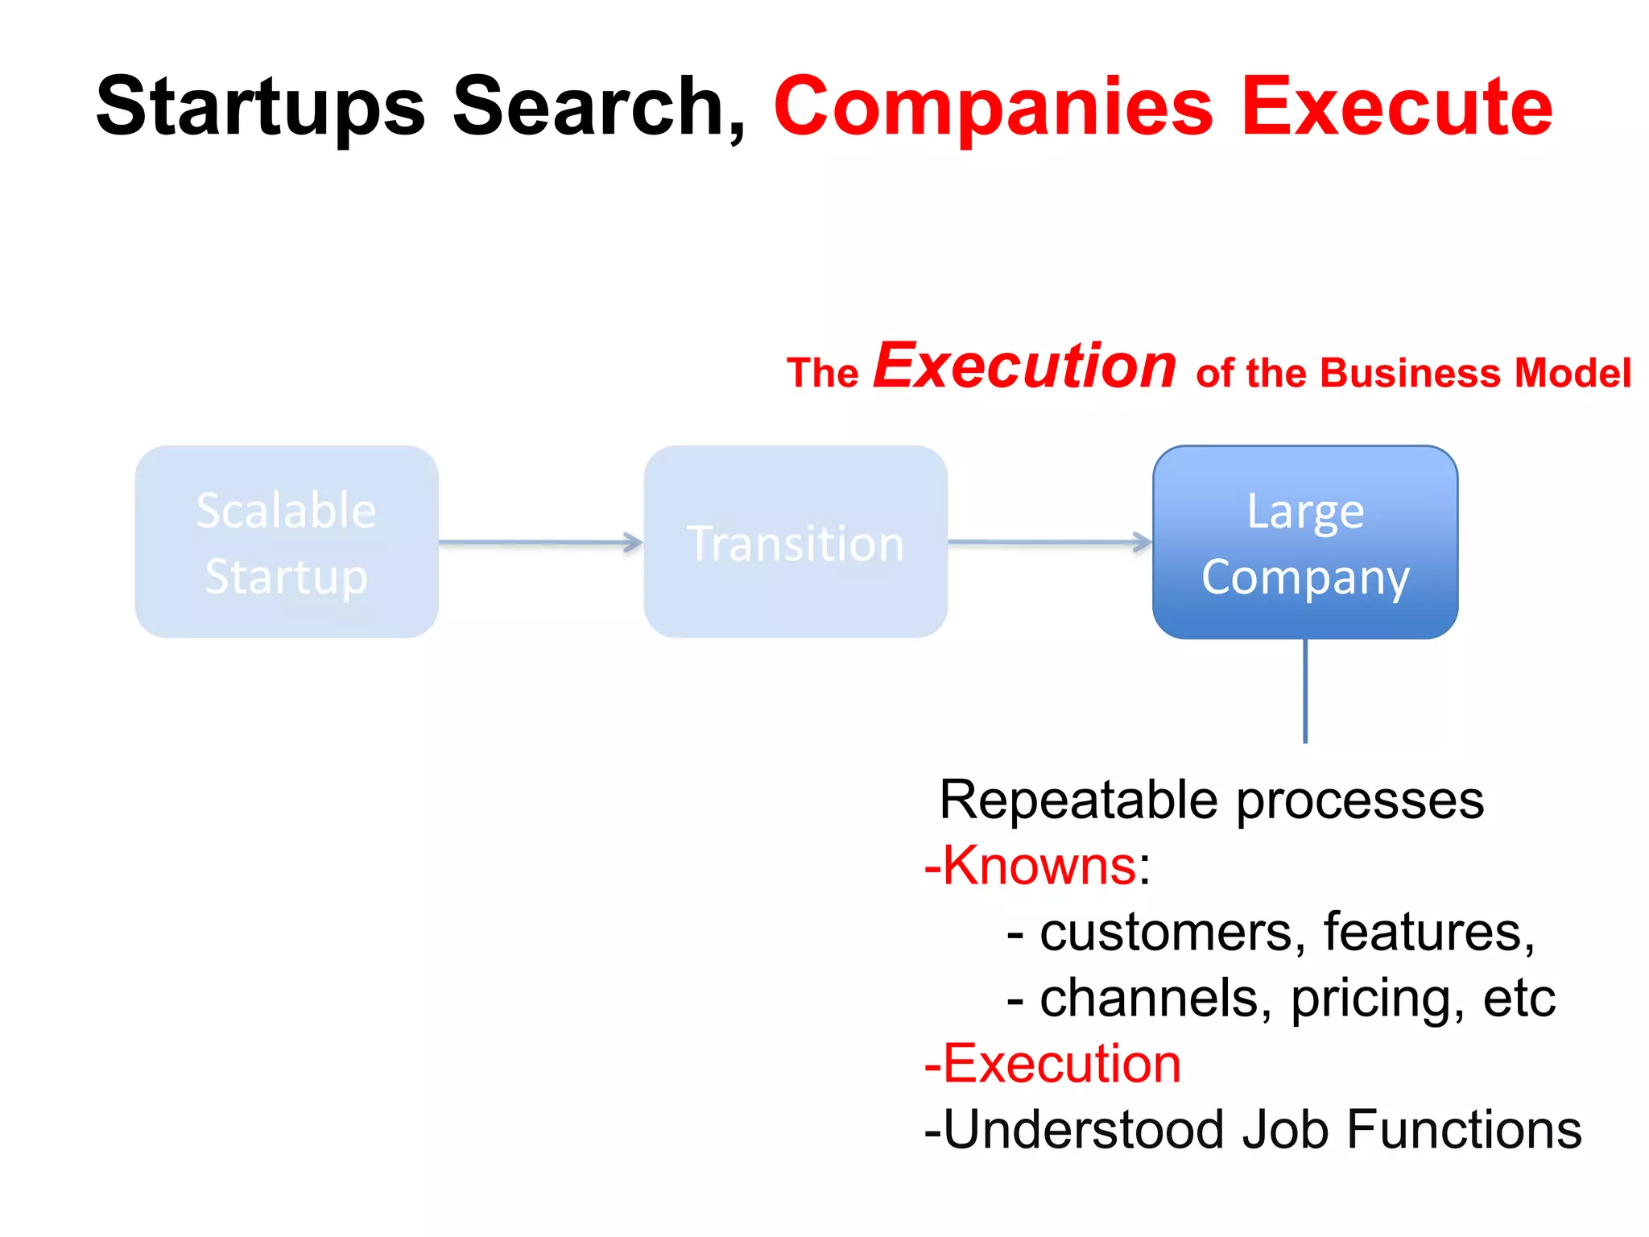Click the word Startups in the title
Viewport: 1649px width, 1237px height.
pyautogui.click(x=260, y=107)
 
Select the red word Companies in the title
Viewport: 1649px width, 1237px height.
pyautogui.click(x=993, y=107)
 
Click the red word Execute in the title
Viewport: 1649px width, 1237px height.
pyautogui.click(x=1397, y=107)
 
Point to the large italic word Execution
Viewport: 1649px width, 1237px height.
pyautogui.click(x=1025, y=366)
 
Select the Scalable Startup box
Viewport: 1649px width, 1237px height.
pyautogui.click(x=287, y=542)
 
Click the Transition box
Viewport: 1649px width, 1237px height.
pyautogui.click(x=796, y=542)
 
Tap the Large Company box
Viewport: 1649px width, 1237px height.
pyautogui.click(x=1305, y=542)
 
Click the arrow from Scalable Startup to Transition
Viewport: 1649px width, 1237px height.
pyautogui.click(x=540, y=543)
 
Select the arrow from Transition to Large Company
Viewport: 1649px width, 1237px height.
pyautogui.click(x=1049, y=543)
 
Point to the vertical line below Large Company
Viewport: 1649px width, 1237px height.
pyautogui.click(x=1305, y=691)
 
